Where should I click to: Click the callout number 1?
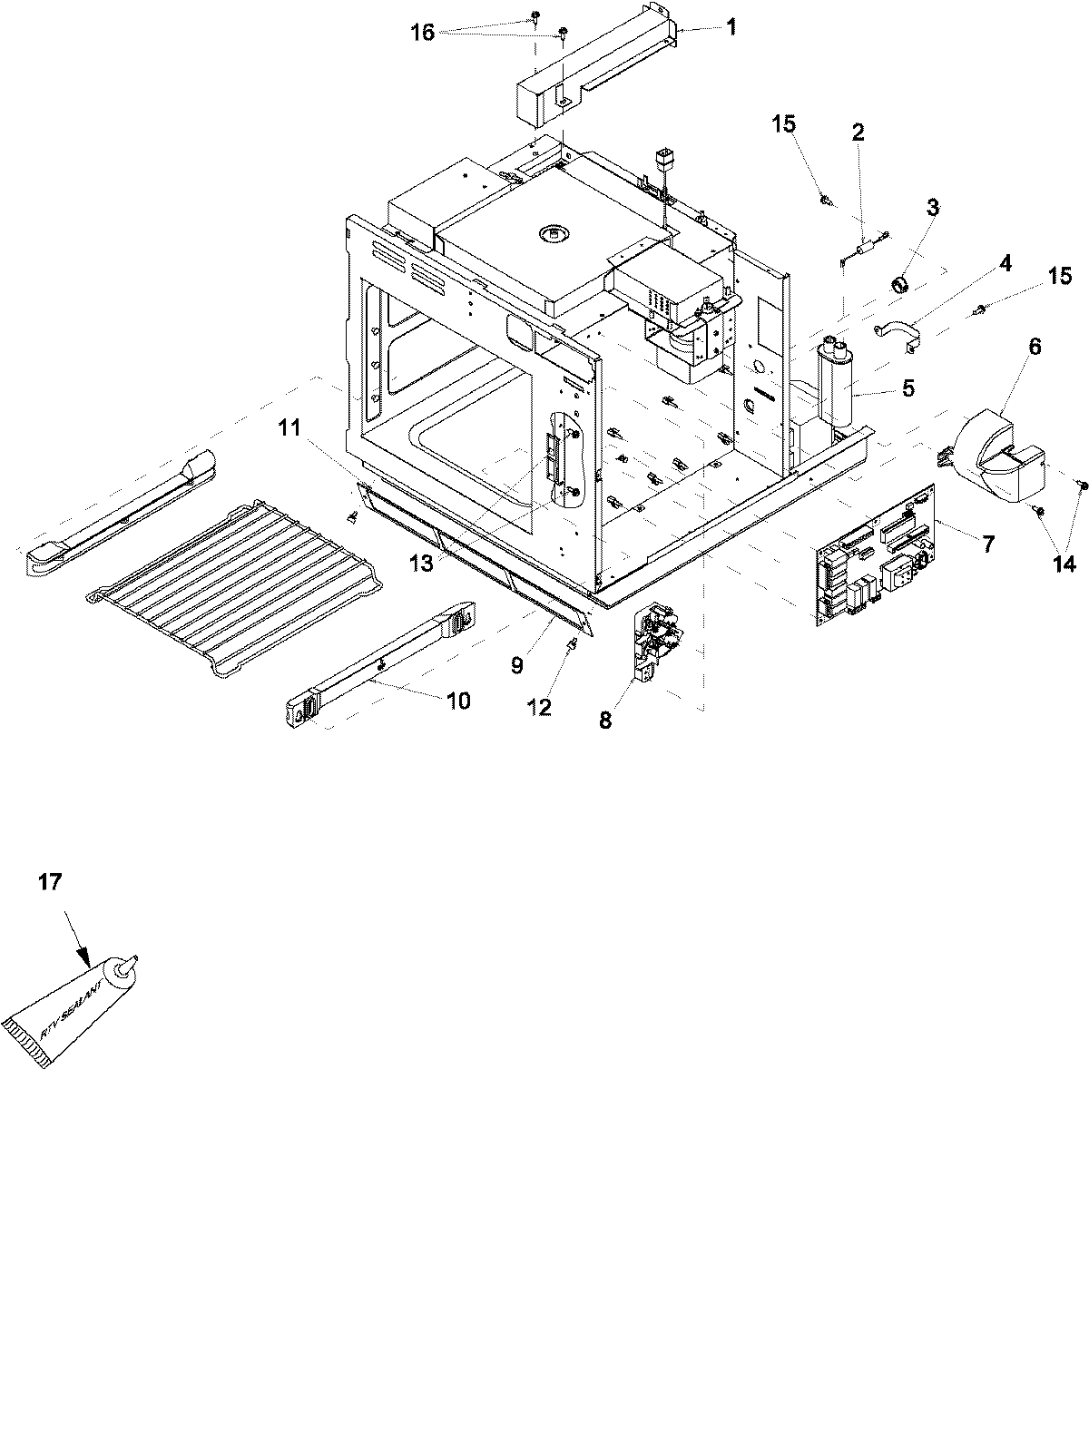(x=731, y=27)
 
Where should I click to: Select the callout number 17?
(x=50, y=881)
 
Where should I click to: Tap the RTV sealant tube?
(x=68, y=1013)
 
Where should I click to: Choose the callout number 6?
(x=1009, y=347)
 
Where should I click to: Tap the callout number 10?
(x=458, y=701)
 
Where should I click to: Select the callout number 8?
(x=605, y=720)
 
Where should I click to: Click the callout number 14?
(x=1064, y=564)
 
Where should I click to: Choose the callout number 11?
(x=289, y=427)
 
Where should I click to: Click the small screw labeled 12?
(x=574, y=647)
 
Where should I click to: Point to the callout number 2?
(x=858, y=132)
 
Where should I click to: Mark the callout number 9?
(x=516, y=665)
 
